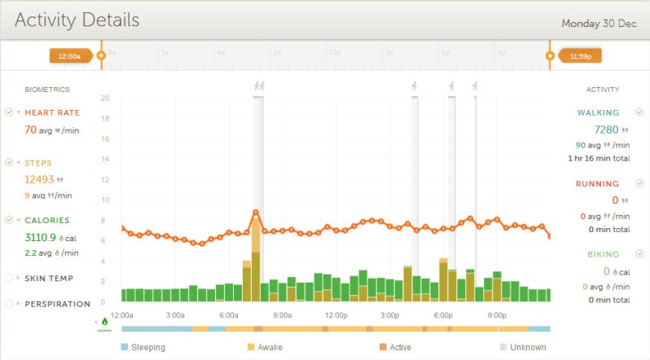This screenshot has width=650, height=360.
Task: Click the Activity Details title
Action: point(77,20)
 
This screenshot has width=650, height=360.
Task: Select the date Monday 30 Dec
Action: point(599,23)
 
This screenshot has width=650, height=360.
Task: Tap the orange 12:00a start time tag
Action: point(69,56)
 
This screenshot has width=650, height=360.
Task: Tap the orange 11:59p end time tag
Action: point(579,56)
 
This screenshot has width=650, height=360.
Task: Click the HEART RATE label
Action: point(52,112)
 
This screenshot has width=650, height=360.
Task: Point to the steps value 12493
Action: point(38,179)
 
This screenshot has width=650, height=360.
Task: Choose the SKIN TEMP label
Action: point(49,279)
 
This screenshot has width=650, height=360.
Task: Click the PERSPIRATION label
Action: point(57,304)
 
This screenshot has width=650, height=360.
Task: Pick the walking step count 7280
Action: point(606,130)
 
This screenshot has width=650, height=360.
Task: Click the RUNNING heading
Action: point(597,184)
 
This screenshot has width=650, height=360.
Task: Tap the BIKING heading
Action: point(604,254)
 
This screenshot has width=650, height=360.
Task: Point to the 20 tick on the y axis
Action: point(105,98)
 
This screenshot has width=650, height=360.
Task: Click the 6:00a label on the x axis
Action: point(229,315)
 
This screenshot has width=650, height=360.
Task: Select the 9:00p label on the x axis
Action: point(497,315)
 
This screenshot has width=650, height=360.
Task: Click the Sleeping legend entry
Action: point(147,347)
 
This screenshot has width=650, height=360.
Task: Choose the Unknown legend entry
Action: point(529,347)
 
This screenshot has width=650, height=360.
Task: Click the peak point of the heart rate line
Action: point(256,213)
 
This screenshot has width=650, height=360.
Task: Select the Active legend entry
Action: point(401,347)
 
